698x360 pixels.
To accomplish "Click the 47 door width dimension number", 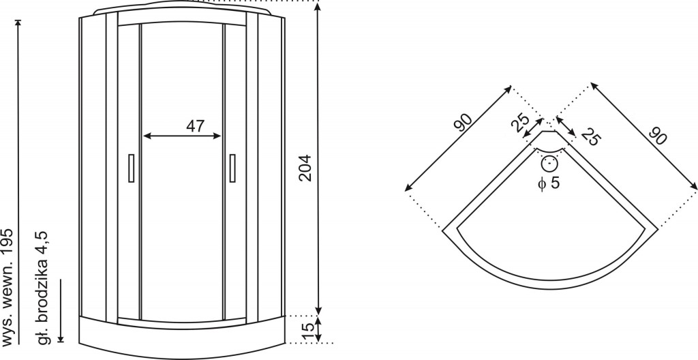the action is [196, 126].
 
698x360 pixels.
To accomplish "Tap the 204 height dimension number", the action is [305, 168].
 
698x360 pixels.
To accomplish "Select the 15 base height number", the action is [308, 329].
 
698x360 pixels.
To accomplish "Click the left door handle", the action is [132, 168].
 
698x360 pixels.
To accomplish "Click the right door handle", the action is [232, 168].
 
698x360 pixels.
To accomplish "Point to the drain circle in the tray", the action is [550, 164].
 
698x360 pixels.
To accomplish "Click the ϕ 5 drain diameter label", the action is [549, 183].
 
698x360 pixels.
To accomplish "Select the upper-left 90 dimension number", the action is [464, 123].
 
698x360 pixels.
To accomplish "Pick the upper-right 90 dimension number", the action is [658, 136].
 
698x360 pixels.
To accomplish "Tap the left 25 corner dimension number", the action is [520, 123].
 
